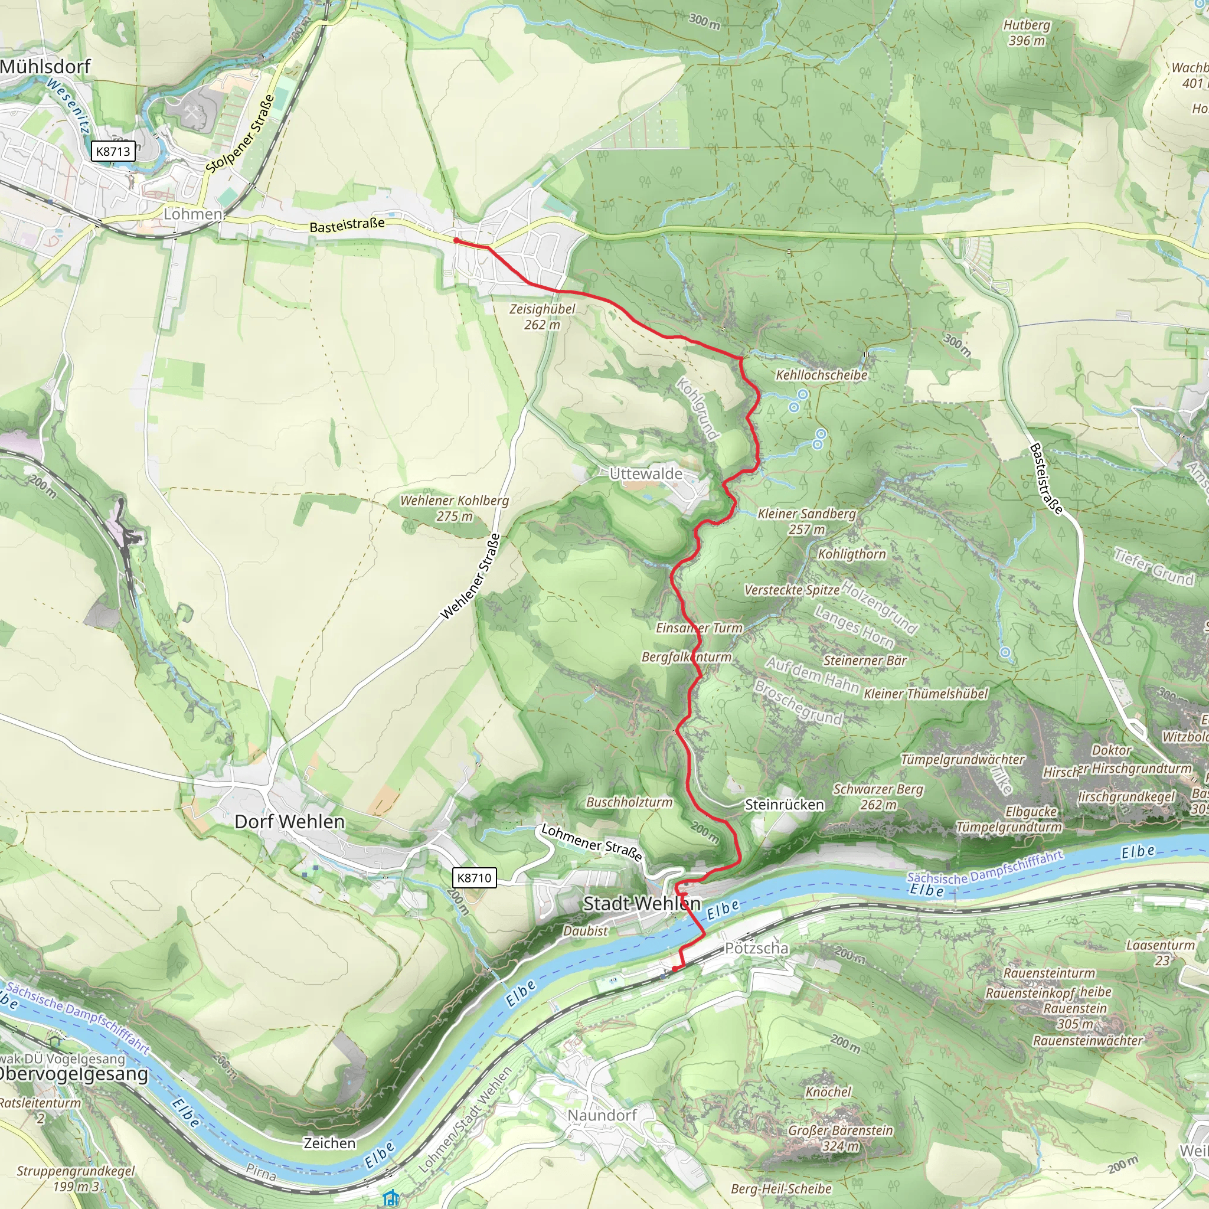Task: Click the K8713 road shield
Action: click(x=113, y=152)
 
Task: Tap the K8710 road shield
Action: click(x=473, y=877)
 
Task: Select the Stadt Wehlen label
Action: click(x=642, y=903)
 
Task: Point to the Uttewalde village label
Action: click(x=646, y=473)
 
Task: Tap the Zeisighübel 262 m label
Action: click(x=542, y=316)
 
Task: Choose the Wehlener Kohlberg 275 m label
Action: click(x=455, y=508)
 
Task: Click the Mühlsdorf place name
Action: click(x=45, y=66)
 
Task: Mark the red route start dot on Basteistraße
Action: click(x=456, y=241)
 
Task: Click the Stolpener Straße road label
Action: click(x=240, y=135)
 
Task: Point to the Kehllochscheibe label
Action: click(x=821, y=375)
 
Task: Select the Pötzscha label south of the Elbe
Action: click(x=757, y=948)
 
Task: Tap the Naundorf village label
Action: click(x=602, y=1115)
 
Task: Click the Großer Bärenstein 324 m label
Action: click(x=840, y=1138)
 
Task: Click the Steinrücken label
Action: click(x=784, y=805)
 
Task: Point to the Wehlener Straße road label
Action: click(x=470, y=577)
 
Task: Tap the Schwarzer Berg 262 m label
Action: click(x=878, y=796)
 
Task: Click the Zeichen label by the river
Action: click(x=329, y=1143)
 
